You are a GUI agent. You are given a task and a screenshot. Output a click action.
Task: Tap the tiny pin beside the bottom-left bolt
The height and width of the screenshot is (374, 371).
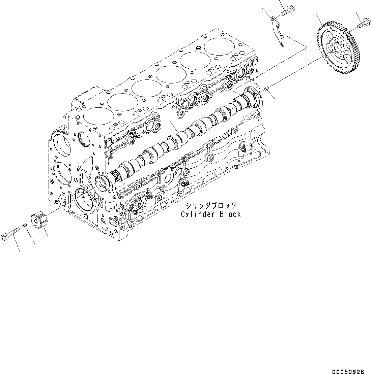coord(25,226)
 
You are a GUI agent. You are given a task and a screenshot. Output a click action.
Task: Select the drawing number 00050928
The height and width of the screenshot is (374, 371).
coord(348,363)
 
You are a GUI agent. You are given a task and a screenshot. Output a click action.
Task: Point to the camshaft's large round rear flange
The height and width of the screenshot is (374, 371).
coord(252,96)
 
